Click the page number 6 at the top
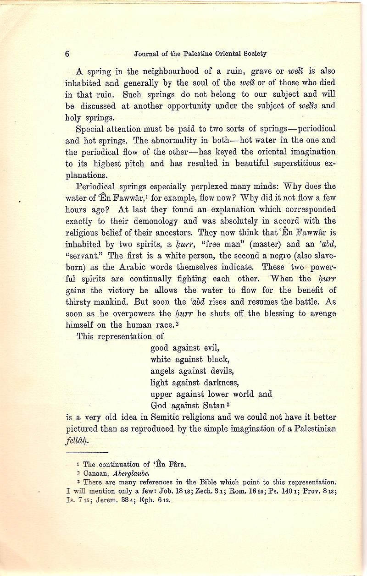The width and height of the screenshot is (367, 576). point(67,54)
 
